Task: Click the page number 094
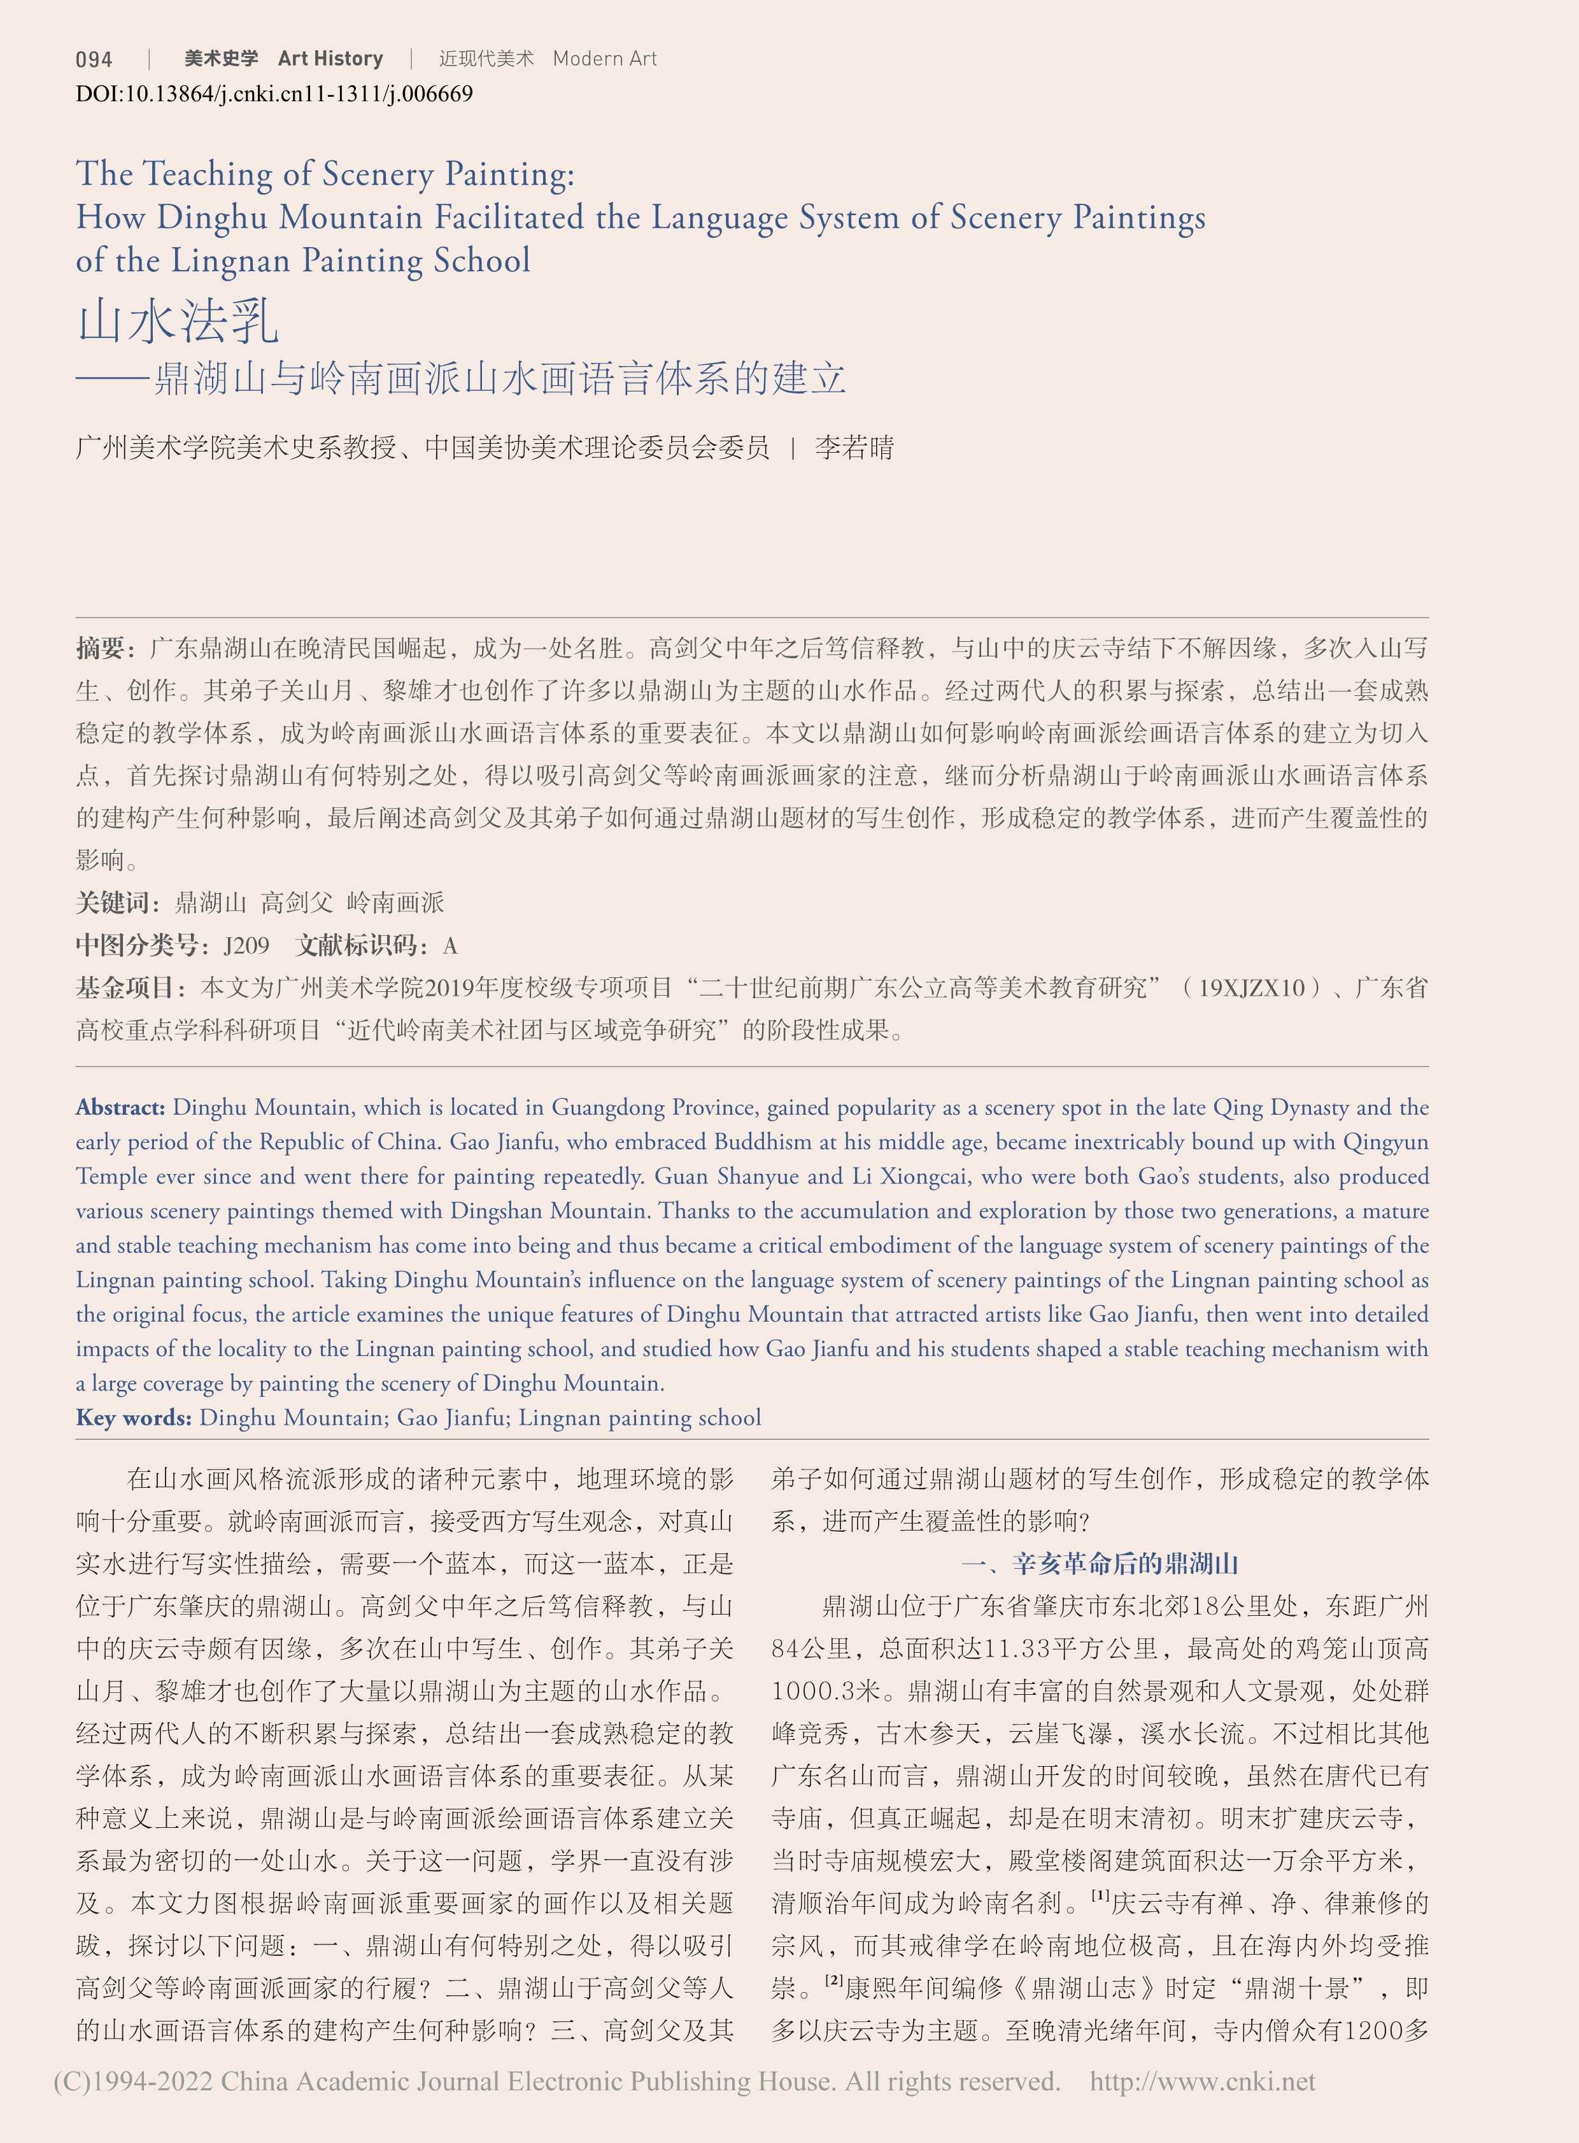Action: (x=94, y=59)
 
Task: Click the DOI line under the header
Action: (x=274, y=94)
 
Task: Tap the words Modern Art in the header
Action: (x=604, y=59)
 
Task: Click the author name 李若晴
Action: (x=854, y=448)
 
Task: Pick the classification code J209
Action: (x=246, y=946)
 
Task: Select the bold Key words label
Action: (x=134, y=1417)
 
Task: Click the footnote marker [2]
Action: (x=833, y=1979)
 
